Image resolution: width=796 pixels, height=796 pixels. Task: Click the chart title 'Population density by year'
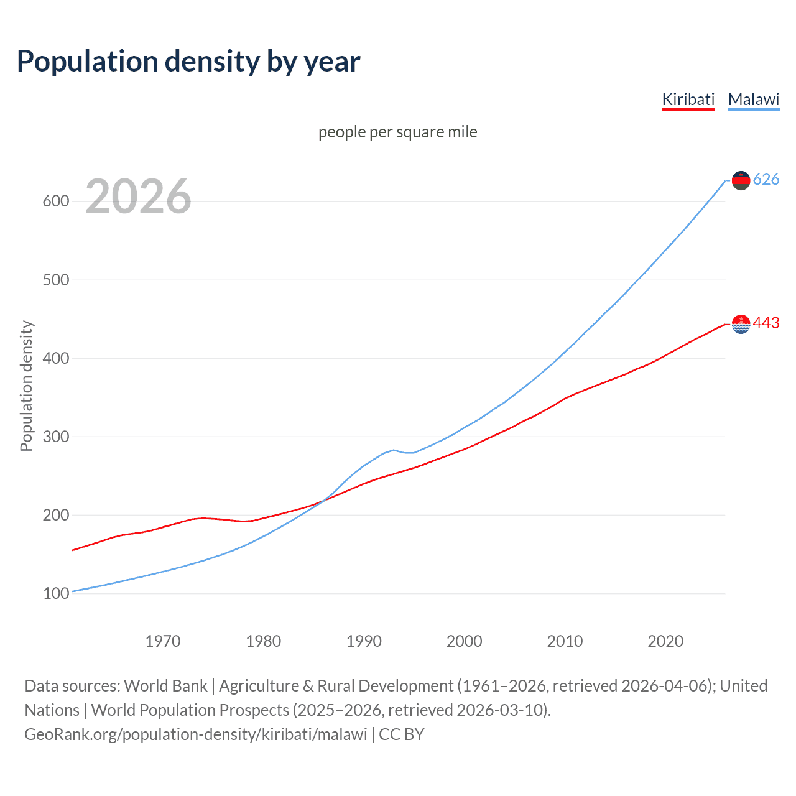[x=188, y=62]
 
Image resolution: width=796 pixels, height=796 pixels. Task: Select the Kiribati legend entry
[x=688, y=99]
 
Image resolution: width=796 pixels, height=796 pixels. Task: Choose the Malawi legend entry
[x=754, y=99]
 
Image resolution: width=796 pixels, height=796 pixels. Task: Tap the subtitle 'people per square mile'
[x=398, y=132]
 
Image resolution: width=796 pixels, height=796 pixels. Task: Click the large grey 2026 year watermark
[x=138, y=197]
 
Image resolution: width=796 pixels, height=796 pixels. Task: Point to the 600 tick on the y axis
[x=56, y=201]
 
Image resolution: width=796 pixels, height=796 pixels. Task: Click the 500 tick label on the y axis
[x=56, y=280]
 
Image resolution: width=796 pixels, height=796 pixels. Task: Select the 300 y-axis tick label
[x=56, y=437]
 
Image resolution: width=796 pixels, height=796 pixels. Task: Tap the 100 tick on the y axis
[x=56, y=593]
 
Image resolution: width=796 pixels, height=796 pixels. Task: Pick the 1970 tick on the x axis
[x=163, y=641]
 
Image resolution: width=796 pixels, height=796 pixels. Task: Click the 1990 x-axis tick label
[x=364, y=641]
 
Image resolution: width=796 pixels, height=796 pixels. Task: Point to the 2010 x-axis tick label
[x=565, y=641]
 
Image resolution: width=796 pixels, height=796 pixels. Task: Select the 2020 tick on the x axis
[x=665, y=641]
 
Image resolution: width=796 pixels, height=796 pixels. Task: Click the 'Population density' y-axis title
[x=26, y=386]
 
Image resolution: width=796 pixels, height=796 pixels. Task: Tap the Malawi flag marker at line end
[x=741, y=180]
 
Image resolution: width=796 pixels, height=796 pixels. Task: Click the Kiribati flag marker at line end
[x=741, y=324]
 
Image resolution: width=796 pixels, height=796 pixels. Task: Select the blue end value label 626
[x=766, y=180]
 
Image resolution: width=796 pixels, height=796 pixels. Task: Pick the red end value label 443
[x=766, y=323]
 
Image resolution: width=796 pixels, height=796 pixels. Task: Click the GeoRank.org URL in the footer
[x=196, y=734]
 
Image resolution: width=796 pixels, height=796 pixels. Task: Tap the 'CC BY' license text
[x=402, y=734]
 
